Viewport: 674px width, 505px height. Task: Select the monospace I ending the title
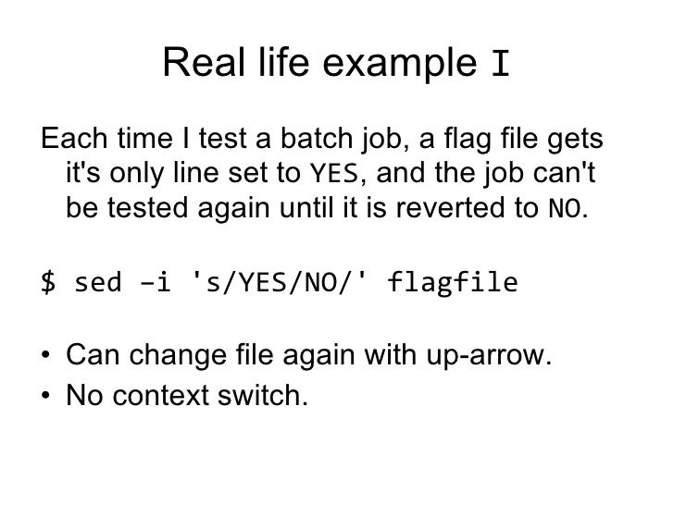(x=500, y=64)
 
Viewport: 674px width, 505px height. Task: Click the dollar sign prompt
(x=46, y=280)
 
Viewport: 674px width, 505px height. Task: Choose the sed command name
(x=94, y=280)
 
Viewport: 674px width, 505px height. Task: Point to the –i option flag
(x=156, y=280)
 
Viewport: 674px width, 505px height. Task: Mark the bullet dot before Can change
(x=46, y=357)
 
